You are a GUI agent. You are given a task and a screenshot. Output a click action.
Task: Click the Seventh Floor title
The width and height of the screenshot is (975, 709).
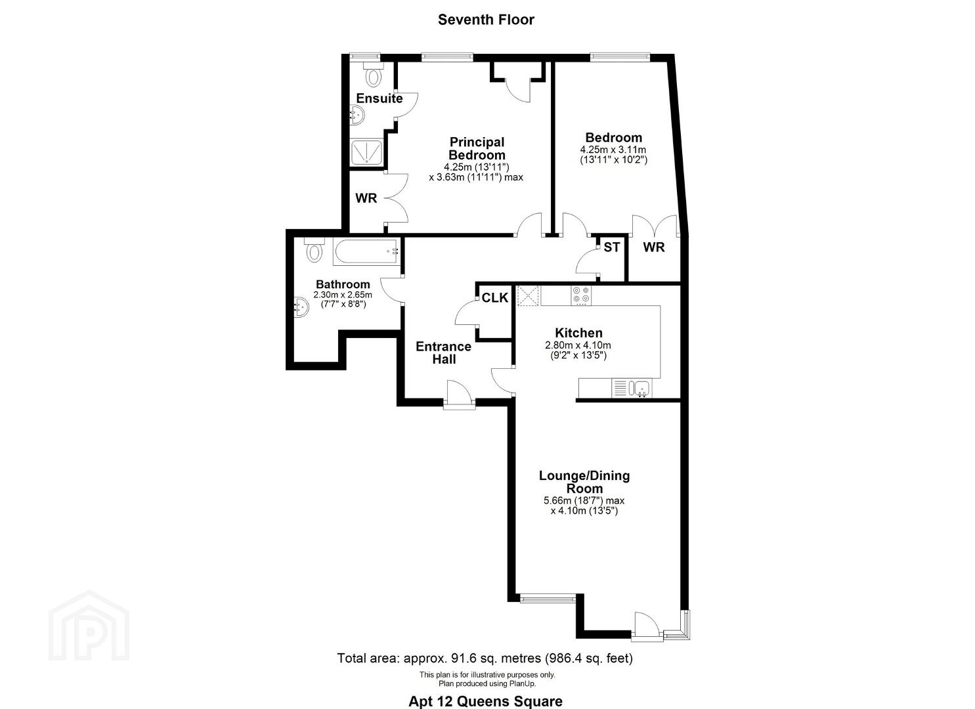pos(486,20)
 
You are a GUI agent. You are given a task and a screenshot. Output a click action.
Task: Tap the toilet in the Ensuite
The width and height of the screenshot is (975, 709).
pos(374,74)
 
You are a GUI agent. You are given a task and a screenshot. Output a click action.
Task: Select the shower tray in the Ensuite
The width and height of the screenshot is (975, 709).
pos(366,152)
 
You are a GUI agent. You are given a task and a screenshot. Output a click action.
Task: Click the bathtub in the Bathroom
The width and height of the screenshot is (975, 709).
pos(366,251)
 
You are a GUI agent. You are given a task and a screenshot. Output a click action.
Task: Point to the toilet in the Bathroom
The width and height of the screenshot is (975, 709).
pos(314,249)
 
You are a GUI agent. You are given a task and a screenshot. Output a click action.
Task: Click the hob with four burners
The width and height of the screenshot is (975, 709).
pos(581,295)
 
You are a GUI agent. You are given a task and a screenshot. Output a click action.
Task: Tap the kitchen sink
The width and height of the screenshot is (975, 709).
pos(641,388)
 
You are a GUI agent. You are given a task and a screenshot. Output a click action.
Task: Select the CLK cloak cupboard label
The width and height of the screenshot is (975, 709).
pos(495,297)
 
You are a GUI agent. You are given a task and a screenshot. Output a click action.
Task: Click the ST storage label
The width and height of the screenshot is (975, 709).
pos(611,247)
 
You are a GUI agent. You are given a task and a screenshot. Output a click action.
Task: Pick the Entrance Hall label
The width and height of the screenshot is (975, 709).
pos(444,353)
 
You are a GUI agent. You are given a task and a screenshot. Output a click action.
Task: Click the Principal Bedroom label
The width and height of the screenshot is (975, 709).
pos(477,148)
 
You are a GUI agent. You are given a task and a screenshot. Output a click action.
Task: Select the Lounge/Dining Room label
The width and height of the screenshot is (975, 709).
pos(584,482)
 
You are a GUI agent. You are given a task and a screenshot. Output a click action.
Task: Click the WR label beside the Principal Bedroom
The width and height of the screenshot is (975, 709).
pos(366,198)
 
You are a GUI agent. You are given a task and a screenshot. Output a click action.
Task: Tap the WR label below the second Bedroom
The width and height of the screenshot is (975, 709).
pos(654,247)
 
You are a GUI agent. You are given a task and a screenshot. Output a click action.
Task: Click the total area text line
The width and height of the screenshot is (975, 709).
pos(485,658)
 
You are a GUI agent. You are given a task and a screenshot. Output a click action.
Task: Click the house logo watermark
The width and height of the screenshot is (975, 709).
pos(89,626)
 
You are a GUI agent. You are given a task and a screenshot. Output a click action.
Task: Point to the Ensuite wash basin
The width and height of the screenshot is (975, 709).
pos(358,118)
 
